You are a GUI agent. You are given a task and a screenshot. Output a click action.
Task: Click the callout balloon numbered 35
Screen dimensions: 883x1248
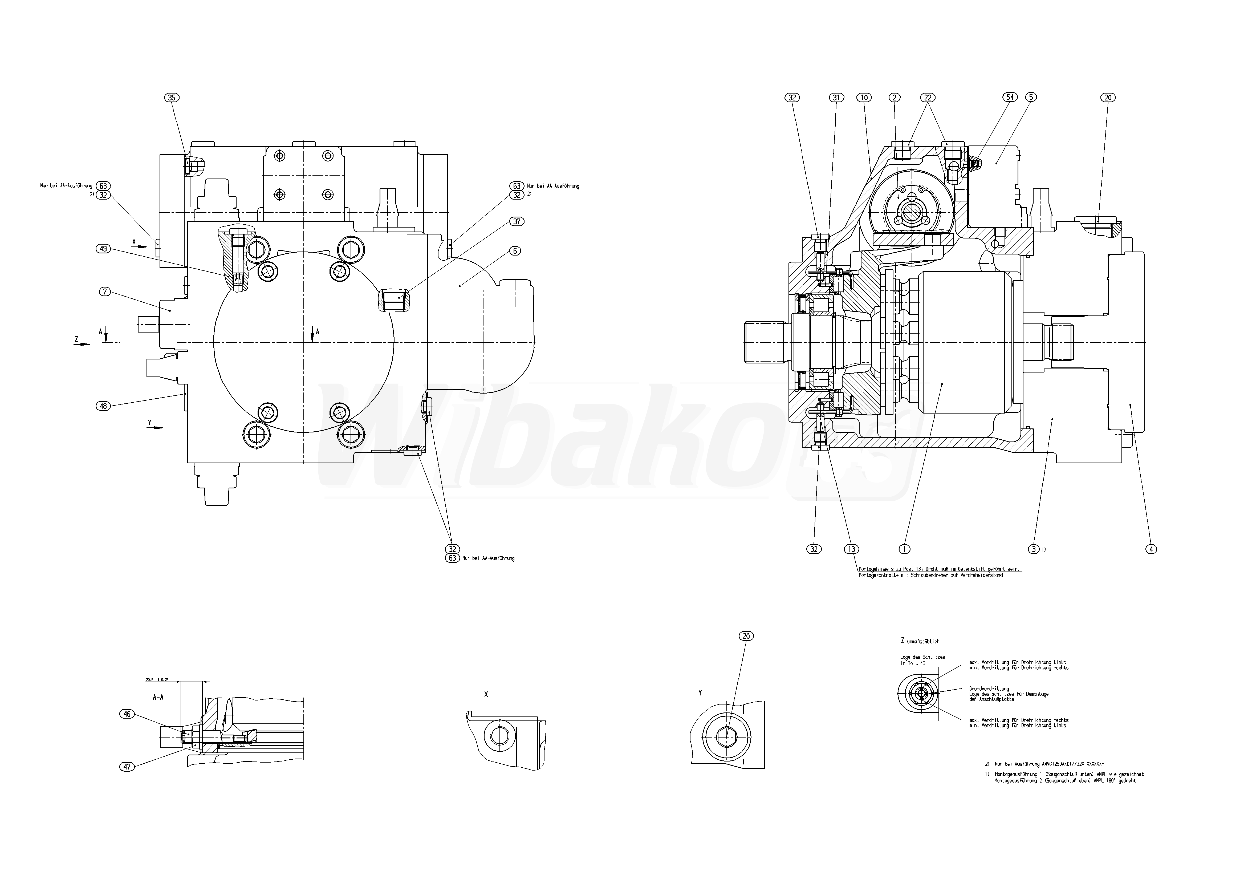172,98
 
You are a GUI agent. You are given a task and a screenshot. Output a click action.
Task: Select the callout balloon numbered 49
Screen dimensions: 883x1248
103,249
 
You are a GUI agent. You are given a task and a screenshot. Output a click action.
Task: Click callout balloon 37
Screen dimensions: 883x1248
516,221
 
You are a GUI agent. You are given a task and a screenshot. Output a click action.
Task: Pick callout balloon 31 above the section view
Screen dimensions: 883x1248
836,98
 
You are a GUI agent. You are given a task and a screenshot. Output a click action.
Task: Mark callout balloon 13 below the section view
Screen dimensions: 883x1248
852,549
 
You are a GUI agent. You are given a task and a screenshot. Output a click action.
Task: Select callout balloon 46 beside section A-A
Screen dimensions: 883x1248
127,714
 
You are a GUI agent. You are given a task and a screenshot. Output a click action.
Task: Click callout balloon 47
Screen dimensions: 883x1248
127,767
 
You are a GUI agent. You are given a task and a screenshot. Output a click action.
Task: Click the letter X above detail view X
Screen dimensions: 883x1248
486,694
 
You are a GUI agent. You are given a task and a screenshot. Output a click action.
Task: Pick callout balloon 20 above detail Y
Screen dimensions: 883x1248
746,636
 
